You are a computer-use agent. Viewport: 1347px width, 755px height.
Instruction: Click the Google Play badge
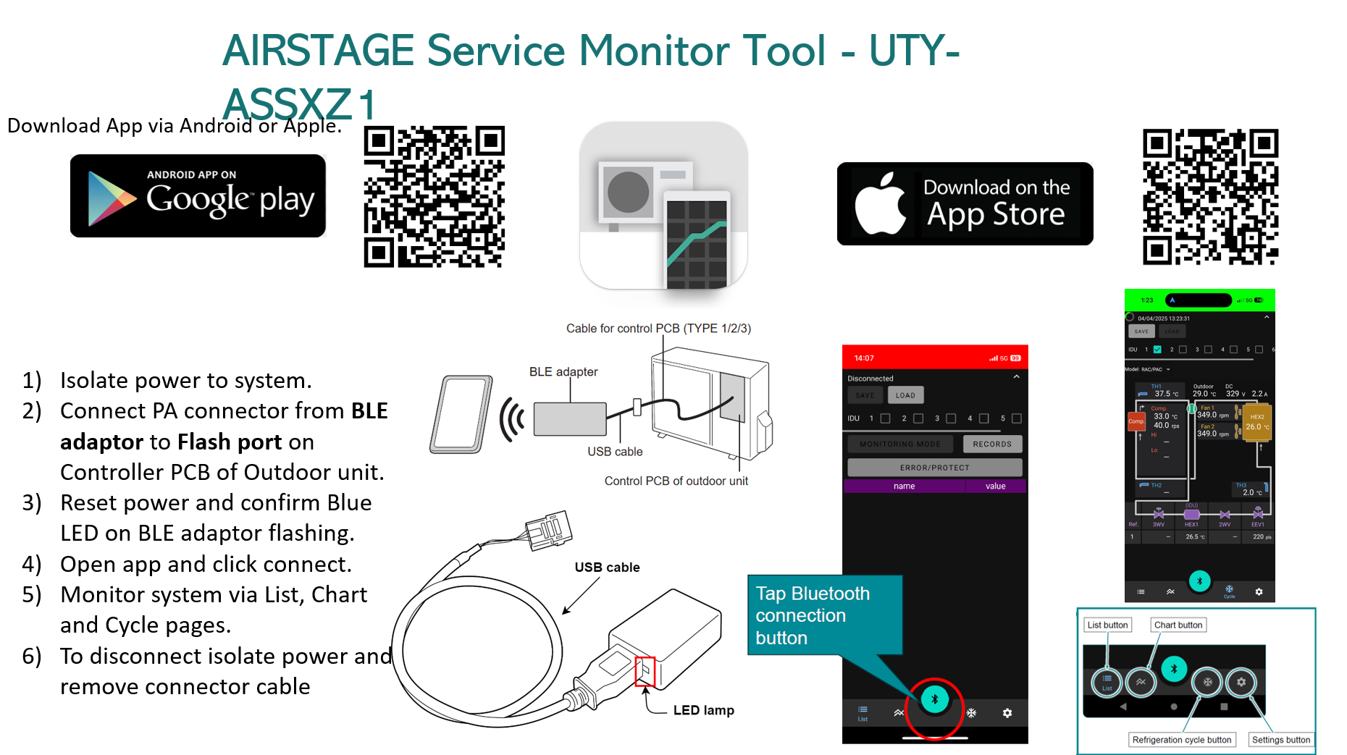198,195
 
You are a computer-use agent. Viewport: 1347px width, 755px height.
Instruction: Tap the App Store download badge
965,204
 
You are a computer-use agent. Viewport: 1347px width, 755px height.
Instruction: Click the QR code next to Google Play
434,197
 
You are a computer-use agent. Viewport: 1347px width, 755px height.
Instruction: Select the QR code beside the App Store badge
1210,197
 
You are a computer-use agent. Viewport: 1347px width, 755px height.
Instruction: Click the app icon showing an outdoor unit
663,206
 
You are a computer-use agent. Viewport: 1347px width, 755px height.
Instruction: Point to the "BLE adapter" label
563,372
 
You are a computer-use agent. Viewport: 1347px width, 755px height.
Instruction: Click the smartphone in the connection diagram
461,414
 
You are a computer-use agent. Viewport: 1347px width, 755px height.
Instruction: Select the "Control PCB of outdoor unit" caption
676,481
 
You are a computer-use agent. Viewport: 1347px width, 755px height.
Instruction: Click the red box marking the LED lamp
645,672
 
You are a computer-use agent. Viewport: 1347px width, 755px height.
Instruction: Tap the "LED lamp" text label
703,711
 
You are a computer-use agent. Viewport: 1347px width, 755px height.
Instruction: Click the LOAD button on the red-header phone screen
905,395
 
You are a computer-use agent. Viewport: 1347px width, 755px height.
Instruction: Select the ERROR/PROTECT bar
934,468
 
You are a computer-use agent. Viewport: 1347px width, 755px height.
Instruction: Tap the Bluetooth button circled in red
934,699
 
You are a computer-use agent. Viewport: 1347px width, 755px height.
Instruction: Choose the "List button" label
1107,625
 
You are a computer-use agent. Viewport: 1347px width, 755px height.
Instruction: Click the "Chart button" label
1178,625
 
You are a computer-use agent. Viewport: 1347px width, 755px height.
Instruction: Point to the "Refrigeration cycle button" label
1181,740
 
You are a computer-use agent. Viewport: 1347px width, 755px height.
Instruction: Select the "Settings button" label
1281,740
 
